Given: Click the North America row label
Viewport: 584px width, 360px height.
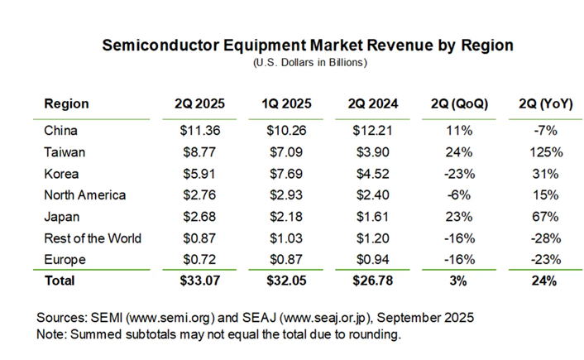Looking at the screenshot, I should coord(84,195).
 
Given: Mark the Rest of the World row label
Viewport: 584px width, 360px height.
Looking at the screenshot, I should coord(93,238).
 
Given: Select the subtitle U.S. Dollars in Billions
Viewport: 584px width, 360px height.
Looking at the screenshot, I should coord(307,62).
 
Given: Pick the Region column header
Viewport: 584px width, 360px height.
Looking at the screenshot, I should coord(66,103).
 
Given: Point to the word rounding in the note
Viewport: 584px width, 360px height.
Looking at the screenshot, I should coord(375,335).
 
